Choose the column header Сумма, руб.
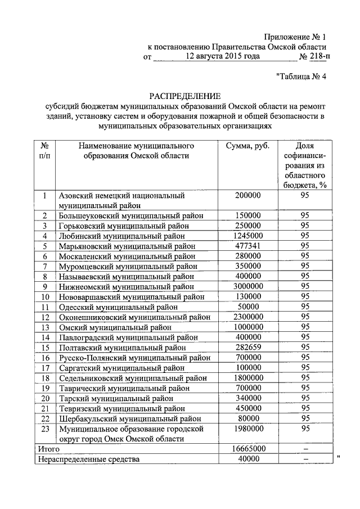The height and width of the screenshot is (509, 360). point(248,146)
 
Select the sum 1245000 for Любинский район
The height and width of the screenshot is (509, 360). point(248,236)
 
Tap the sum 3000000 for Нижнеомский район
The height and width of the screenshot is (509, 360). point(248,286)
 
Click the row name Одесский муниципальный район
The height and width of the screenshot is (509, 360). point(118,307)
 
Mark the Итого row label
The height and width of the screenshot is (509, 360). point(48,449)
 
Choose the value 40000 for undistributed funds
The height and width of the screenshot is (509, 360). point(248,458)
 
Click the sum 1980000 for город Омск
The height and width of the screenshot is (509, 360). point(248,429)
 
